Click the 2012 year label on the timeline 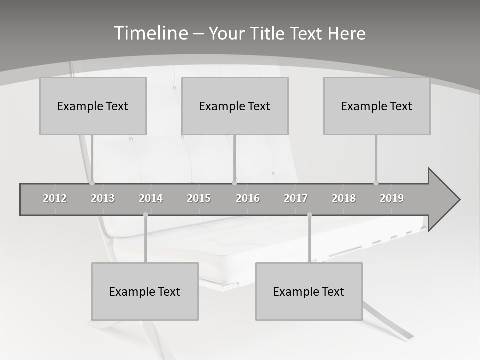tap(55, 198)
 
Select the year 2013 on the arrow tap(103, 198)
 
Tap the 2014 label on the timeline tap(151, 198)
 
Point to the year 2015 tap(199, 198)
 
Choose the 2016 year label tap(248, 198)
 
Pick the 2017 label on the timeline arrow tap(296, 198)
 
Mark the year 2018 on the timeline tap(344, 198)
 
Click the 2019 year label tap(392, 198)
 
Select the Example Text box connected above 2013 tap(93, 106)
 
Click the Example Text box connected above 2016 tap(235, 106)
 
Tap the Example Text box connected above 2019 tap(377, 106)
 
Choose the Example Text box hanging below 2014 tap(145, 291)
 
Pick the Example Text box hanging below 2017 tap(309, 291)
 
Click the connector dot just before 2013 tap(92, 183)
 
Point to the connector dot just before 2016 tap(234, 183)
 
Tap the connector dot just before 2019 tap(376, 183)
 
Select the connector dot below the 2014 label tap(145, 215)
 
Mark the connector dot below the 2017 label tap(309, 215)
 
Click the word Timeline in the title tap(150, 33)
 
